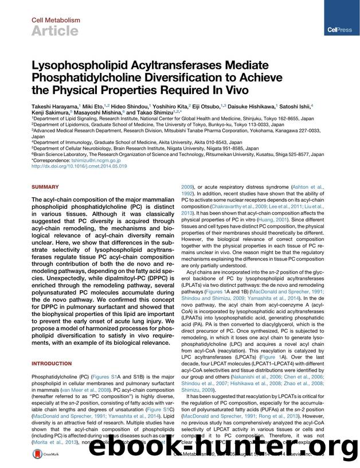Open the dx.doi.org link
pos(79,167)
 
